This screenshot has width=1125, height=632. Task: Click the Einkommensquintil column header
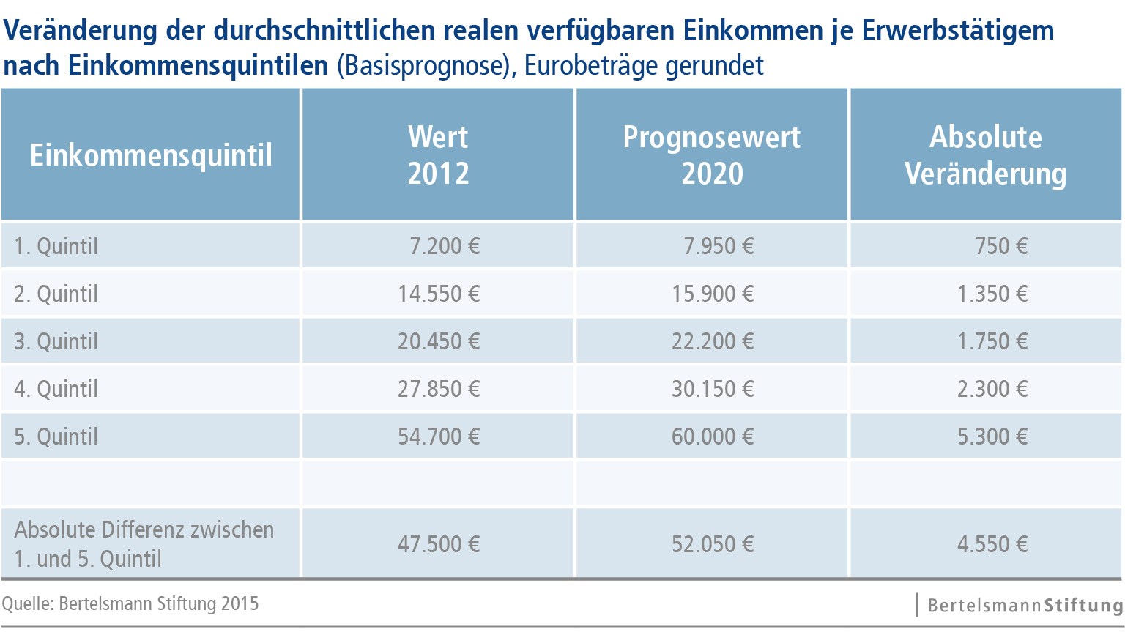coord(151,155)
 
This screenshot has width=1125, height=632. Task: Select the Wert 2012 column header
coord(438,155)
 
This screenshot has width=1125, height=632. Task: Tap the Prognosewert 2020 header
coord(712,155)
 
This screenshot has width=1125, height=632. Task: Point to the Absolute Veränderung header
coord(986,155)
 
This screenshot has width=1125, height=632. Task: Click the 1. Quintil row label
coord(56,246)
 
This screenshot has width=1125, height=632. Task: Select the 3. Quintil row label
coord(56,341)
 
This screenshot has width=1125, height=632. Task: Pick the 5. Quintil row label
coord(56,436)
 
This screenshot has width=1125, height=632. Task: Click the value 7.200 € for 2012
coord(445,246)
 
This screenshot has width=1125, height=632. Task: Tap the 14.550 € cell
coord(439,294)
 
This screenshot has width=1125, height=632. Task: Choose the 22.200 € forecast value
coord(713,341)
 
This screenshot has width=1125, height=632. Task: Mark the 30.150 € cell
coord(713,389)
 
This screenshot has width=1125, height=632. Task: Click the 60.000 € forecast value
coord(713,436)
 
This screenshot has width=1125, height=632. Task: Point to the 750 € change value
coord(1001,246)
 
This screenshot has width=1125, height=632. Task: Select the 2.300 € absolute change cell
coord(992,389)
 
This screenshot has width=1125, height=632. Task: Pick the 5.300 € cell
coord(992,436)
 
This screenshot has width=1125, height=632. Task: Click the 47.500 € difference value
coord(439,544)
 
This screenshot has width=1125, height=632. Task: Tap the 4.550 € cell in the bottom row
coord(992,544)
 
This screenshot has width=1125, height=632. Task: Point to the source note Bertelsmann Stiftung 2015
coord(130,603)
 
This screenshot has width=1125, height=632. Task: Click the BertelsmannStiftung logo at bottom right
coord(1024,606)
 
